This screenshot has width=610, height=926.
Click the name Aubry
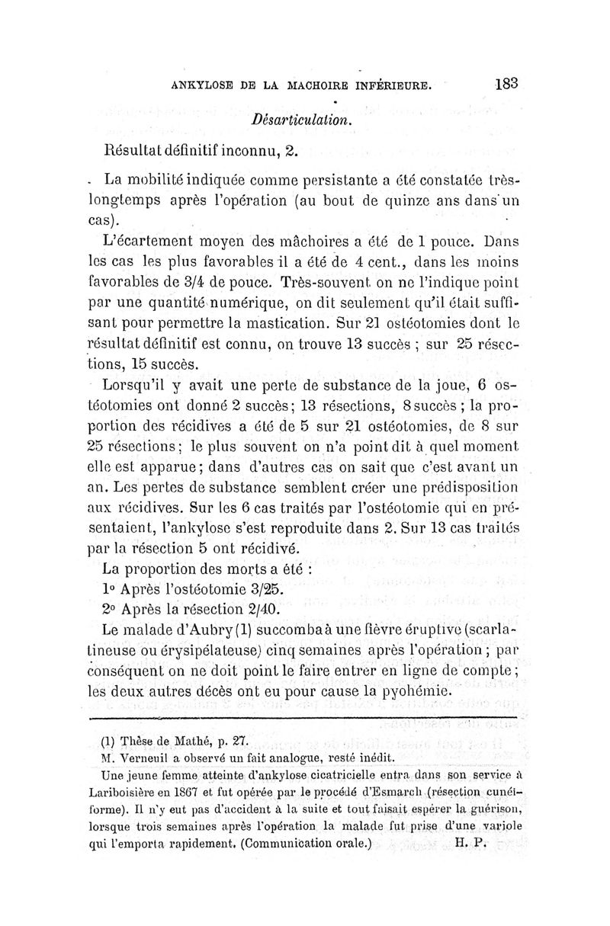(213, 631)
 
